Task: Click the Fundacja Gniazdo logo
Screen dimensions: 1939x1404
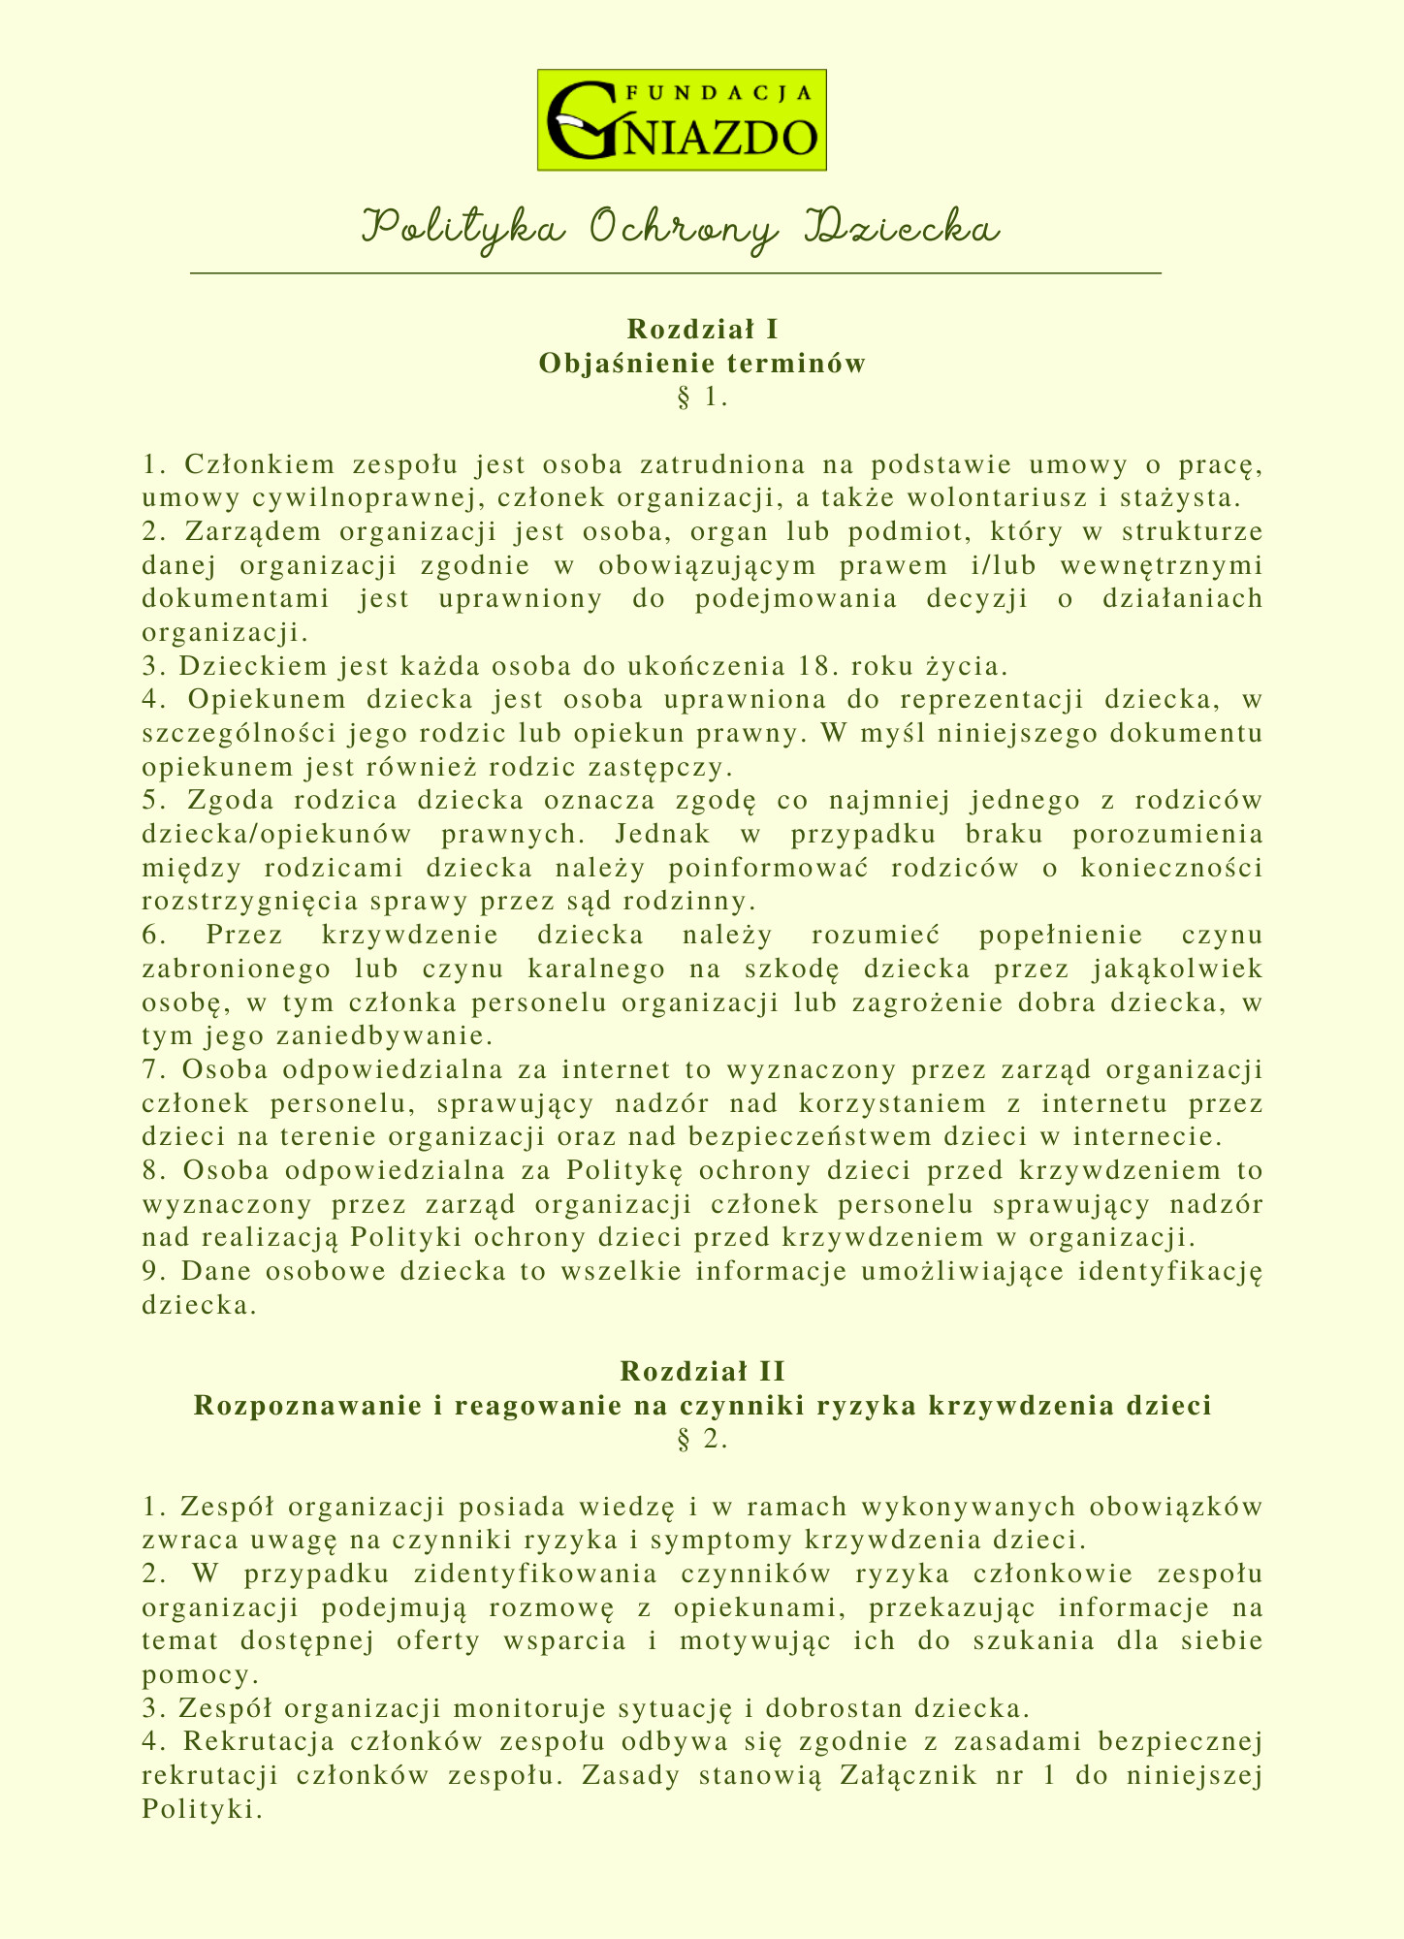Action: coord(682,120)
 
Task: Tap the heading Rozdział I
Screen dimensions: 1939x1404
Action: coord(701,329)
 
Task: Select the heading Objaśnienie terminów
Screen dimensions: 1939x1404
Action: coord(701,364)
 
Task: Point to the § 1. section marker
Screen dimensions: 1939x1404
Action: coord(700,397)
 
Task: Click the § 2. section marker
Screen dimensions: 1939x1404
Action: coord(700,1440)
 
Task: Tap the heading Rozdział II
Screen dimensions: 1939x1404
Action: coord(701,1371)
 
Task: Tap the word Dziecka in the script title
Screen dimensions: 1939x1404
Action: coord(904,229)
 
